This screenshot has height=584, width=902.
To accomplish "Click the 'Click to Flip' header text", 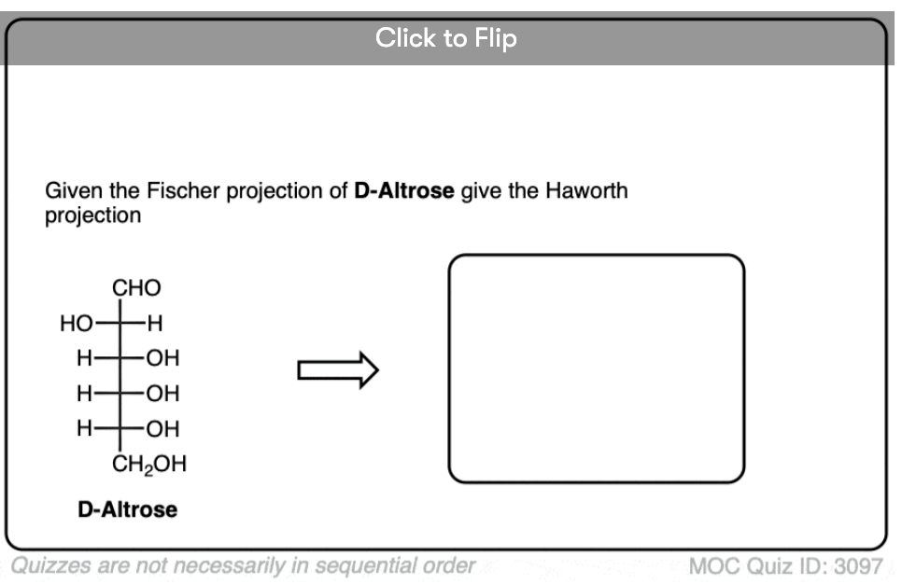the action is pos(445,38).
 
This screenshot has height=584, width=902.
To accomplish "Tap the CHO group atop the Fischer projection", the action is pos(136,287).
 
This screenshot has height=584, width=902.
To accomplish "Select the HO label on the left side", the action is pos(76,323).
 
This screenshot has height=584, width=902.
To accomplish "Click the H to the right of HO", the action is pos(155,323).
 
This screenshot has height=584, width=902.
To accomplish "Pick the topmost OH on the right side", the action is pos(162,358).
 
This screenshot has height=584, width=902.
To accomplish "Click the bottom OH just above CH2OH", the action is pos(162,429).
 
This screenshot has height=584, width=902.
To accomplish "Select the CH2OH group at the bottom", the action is pos(149,465).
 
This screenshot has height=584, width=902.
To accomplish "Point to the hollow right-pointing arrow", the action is pos(338,370).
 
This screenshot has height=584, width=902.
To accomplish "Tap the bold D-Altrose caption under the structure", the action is pos(127,509).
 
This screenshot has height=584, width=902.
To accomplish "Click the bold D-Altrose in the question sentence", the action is pos(403,191).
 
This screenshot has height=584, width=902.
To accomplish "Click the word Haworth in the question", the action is pos(586,191).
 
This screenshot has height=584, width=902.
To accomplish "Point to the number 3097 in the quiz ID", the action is pos(858,566).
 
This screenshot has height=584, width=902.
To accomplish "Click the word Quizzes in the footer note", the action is pos(50,565).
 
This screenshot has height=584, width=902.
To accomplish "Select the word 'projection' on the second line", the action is pos(92,216).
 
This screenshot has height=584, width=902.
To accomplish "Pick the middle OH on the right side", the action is pos(162,394).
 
